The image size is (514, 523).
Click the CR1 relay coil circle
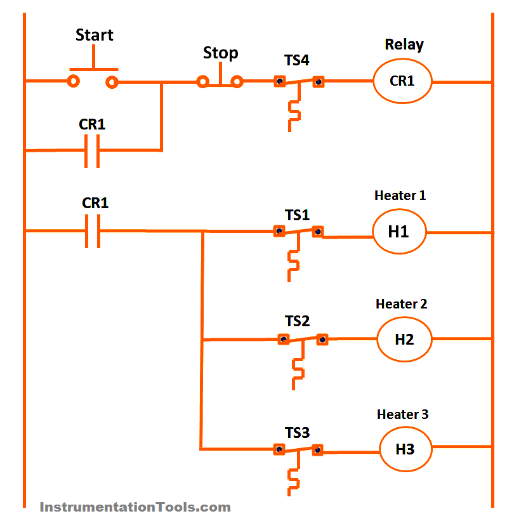[x=402, y=81]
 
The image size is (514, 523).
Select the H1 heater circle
[x=399, y=232]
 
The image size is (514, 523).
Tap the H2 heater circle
[x=404, y=340]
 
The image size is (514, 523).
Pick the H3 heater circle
[x=405, y=449]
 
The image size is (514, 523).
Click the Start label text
[x=95, y=35]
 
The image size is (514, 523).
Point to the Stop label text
[x=220, y=53]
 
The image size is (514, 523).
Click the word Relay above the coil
[x=404, y=45]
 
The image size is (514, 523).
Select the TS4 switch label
[x=297, y=62]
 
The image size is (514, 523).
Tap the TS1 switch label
[x=297, y=215]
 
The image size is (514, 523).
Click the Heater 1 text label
[x=400, y=195]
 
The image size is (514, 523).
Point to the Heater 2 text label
[x=401, y=304]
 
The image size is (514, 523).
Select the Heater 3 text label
[x=402, y=414]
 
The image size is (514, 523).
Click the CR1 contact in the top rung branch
[x=93, y=150]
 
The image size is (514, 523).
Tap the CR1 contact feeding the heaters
[x=93, y=232]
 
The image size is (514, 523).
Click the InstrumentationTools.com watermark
[x=135, y=507]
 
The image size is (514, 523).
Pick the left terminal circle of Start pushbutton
[x=74, y=81]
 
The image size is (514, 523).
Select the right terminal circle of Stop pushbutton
[x=237, y=81]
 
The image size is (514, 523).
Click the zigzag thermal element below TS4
[x=294, y=112]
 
